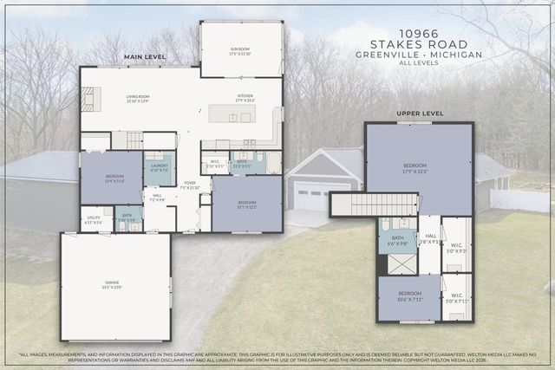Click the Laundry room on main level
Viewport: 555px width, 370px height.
coord(159,167)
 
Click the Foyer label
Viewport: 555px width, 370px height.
coord(190,185)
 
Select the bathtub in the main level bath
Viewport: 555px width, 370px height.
coord(272,163)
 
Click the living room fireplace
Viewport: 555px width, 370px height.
coord(91,100)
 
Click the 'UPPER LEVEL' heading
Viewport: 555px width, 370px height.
coord(420,114)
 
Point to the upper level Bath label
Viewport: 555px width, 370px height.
coord(397,239)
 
